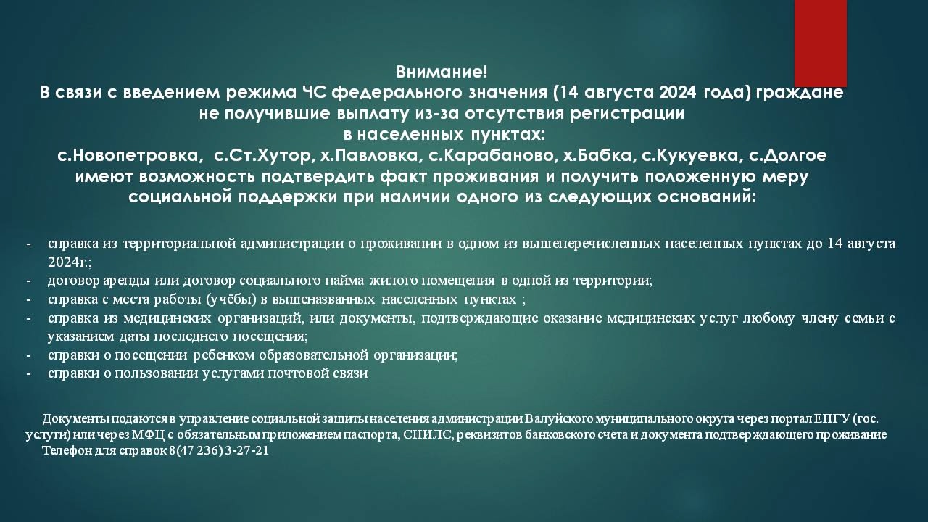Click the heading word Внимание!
tap(442, 72)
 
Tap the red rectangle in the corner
tap(820, 43)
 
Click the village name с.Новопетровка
tap(128, 156)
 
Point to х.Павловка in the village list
tap(369, 156)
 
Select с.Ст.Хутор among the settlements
tap(262, 156)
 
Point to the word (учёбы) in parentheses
tap(231, 299)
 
